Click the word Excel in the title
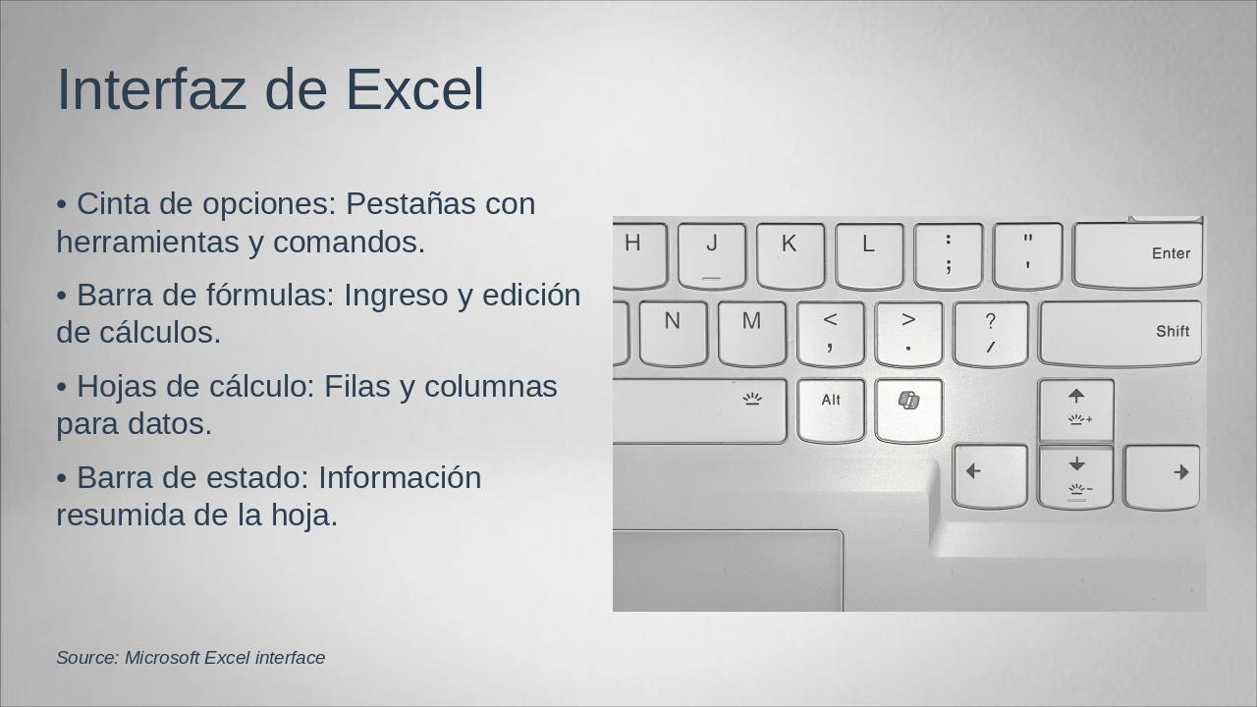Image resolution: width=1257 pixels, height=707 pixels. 414,89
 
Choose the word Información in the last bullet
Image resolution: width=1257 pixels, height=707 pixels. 400,478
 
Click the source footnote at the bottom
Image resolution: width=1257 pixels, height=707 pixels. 191,658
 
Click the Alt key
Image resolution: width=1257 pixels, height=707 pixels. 831,409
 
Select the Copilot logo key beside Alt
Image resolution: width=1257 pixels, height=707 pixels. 908,409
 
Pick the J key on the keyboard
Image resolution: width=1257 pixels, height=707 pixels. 712,255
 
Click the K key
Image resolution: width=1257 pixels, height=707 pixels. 791,255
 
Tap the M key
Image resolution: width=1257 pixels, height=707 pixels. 751,333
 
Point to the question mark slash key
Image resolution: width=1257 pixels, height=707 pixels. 990,333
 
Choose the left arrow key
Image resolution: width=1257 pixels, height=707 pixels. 990,476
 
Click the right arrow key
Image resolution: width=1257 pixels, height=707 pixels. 1163,476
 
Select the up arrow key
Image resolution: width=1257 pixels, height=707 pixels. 1076,409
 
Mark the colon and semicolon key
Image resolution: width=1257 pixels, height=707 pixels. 948,255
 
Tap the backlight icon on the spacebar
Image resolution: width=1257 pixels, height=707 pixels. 752,399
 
